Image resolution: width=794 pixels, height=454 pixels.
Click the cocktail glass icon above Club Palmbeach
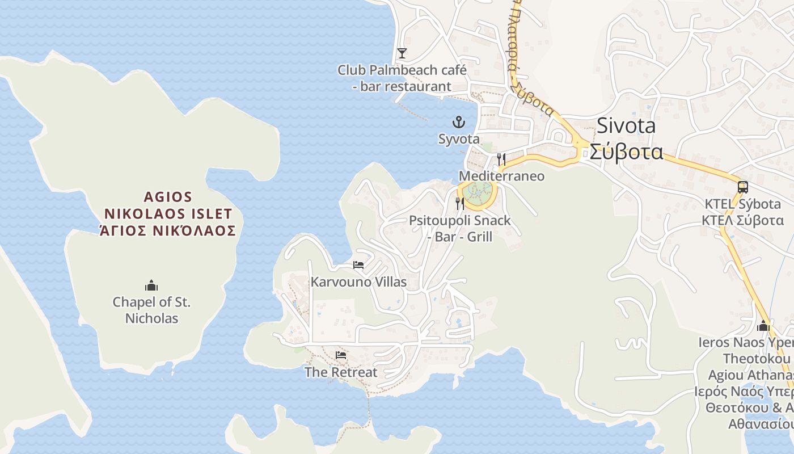coord(402,53)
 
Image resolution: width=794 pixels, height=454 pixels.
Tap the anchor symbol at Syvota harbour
coord(458,122)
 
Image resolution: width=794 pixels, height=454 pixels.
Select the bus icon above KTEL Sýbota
coord(742,187)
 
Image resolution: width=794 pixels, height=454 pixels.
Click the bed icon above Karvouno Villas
coord(358,265)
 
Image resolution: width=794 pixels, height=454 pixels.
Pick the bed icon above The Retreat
coord(341,355)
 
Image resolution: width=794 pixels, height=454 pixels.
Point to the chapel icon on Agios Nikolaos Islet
coord(151,285)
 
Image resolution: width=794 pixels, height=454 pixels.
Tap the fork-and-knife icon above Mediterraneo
coord(501,159)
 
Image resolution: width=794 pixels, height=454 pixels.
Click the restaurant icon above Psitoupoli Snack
coord(460,203)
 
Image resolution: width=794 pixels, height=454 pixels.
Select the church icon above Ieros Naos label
coord(763,326)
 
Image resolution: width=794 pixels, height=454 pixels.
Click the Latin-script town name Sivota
coord(626,126)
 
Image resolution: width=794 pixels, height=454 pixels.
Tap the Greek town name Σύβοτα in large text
coord(626,152)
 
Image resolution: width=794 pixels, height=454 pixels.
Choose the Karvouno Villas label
coord(358,282)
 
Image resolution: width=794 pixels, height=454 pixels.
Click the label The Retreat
coord(341,372)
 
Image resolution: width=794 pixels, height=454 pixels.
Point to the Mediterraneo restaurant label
coord(501,176)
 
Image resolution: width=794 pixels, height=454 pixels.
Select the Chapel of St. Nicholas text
coord(151,310)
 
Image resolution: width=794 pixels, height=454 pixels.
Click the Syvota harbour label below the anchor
coord(458,139)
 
